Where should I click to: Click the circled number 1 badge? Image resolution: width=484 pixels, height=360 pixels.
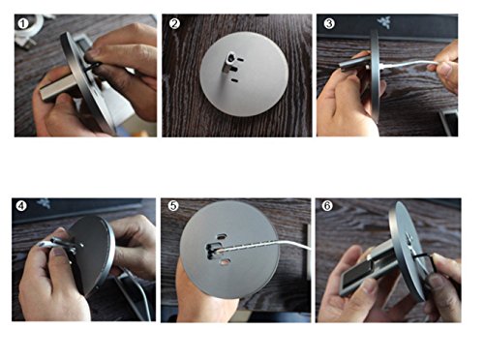[x=23, y=24]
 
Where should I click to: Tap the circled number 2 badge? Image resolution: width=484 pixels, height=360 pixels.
[x=174, y=23]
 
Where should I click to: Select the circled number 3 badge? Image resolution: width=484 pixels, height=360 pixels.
[x=329, y=23]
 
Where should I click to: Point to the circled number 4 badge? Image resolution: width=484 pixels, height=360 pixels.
[x=21, y=206]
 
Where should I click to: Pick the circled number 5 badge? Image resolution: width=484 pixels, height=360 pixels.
[x=173, y=205]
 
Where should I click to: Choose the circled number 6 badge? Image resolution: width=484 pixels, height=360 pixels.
[x=327, y=205]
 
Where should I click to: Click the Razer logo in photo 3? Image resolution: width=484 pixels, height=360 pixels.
[x=384, y=22]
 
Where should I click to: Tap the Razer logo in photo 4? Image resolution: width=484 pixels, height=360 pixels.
[x=44, y=203]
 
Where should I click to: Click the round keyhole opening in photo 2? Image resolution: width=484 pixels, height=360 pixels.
[x=230, y=58]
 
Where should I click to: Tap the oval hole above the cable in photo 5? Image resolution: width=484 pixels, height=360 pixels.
[x=222, y=236]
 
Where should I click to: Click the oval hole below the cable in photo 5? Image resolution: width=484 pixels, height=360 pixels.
[x=225, y=261]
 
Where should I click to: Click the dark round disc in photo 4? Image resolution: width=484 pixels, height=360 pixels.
[x=92, y=252]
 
